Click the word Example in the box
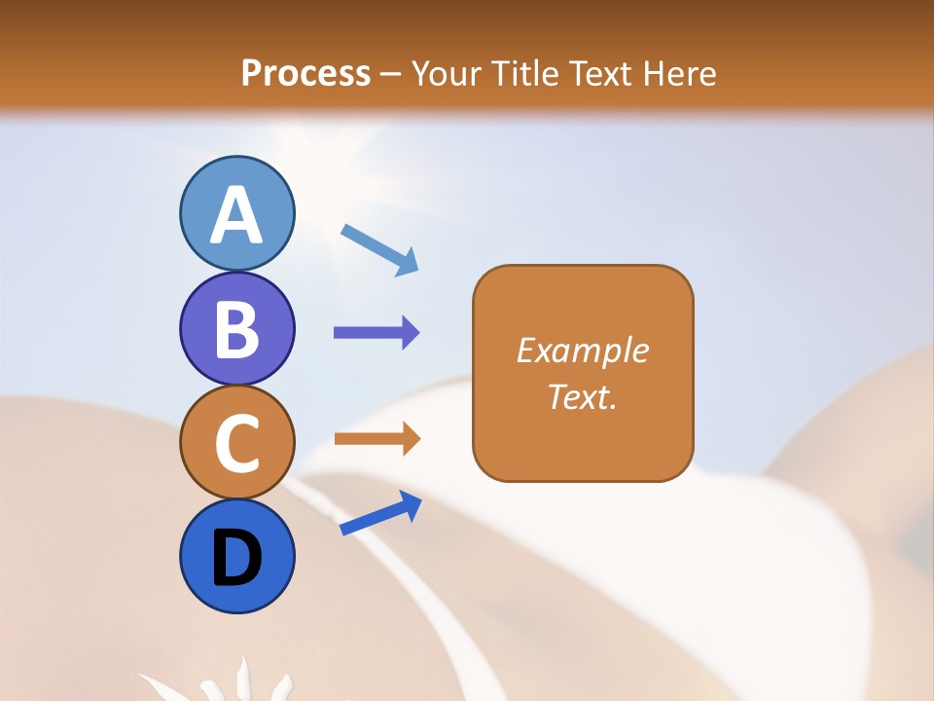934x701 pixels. (583, 350)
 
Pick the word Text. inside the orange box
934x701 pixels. (583, 397)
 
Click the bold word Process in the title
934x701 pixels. (305, 73)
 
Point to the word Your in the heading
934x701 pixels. (446, 73)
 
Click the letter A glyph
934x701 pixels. (236, 216)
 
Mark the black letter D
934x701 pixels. (236, 558)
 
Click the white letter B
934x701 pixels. (236, 329)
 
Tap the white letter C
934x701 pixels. (236, 444)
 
